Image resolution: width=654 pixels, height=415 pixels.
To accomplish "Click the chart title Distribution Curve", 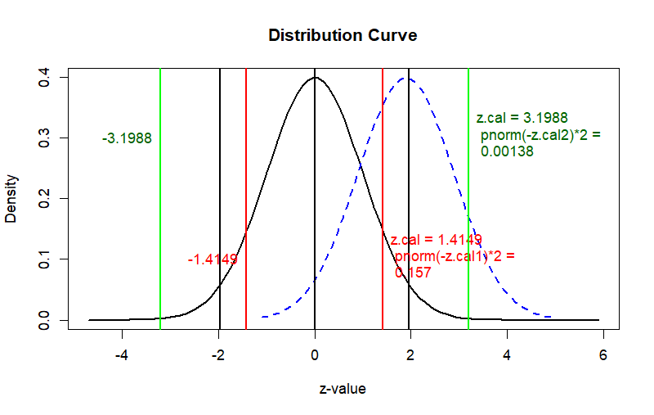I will (x=343, y=36).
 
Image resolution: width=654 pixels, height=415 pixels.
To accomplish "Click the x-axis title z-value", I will (x=343, y=389).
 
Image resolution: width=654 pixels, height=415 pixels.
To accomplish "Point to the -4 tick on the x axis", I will (x=123, y=356).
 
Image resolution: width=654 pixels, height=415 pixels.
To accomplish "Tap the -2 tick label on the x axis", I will (x=218, y=356).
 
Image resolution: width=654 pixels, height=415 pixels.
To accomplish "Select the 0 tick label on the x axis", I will (x=315, y=356).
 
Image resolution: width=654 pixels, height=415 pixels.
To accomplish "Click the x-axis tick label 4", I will (x=507, y=356).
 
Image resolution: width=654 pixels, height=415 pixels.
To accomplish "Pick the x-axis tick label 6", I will (x=603, y=356).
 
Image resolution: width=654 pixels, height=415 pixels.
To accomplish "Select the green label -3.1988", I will (x=127, y=138).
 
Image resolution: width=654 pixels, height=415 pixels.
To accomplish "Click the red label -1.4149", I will (x=213, y=259).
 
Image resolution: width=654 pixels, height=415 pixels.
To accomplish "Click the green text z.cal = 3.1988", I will (x=522, y=118).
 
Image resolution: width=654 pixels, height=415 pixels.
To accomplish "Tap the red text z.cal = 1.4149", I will (x=436, y=240).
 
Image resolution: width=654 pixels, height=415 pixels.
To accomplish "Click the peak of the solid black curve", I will (x=315, y=78).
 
